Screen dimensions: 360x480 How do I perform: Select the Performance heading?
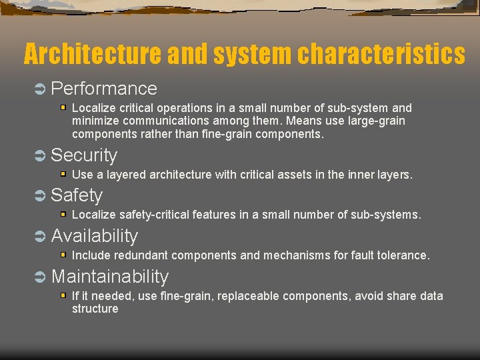pos(103,89)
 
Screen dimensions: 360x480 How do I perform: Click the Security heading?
pos(84,155)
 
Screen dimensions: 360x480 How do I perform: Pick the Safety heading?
pos(77,195)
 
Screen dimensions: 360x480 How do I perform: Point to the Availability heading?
pos(95,236)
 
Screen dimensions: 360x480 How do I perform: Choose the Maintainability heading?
pos(110,277)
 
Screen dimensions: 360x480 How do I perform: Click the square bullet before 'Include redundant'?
pos(63,255)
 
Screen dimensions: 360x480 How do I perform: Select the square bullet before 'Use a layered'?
pos(63,174)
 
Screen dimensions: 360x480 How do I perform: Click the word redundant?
pos(141,255)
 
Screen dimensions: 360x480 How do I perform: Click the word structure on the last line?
pos(95,309)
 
